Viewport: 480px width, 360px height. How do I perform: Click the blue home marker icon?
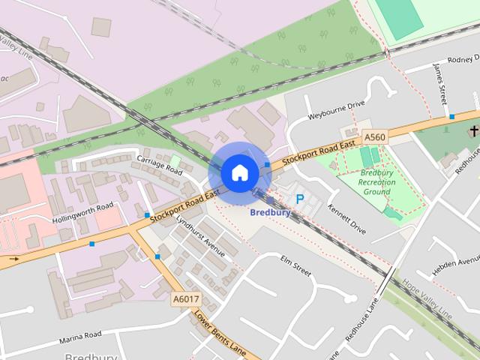pos(239,173)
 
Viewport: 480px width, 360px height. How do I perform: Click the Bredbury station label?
pos(270,212)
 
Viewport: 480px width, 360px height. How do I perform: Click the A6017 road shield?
pos(186,299)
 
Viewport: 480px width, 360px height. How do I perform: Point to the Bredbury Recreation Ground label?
pos(366,182)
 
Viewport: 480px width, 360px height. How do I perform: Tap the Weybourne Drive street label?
pos(337,111)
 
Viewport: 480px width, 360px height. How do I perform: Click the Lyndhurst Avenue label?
pos(200,238)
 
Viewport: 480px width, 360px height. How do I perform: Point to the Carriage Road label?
pos(160,166)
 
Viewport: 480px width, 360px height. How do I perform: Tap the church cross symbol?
pos(473,132)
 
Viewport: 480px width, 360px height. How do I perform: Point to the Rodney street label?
pos(462,61)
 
